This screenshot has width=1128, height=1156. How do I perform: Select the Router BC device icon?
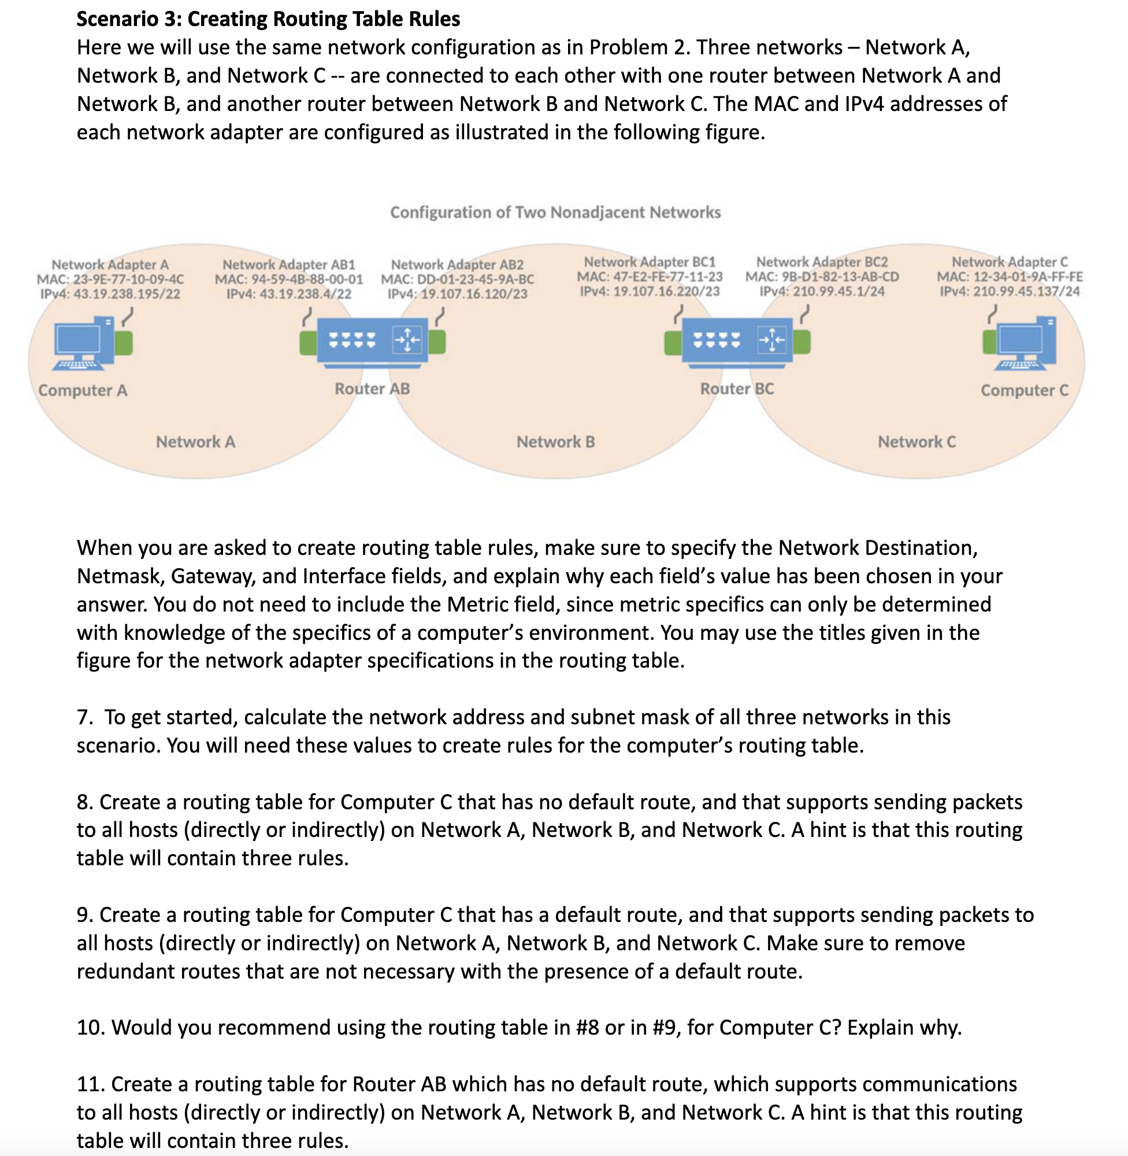(x=737, y=341)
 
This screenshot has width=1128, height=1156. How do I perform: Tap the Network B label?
(x=555, y=442)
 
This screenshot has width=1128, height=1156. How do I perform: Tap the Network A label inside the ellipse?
(x=195, y=442)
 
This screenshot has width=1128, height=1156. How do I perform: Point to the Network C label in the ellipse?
(x=916, y=442)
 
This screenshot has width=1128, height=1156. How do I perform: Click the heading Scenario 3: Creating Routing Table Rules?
(x=268, y=19)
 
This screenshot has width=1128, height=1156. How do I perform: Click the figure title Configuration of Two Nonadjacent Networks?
(x=555, y=212)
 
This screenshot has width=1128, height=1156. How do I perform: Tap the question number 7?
(x=84, y=717)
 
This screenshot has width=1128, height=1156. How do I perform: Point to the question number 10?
(x=91, y=1028)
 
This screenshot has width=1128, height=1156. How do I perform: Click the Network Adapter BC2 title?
(x=822, y=262)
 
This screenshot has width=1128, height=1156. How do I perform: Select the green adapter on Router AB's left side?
(x=308, y=343)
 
